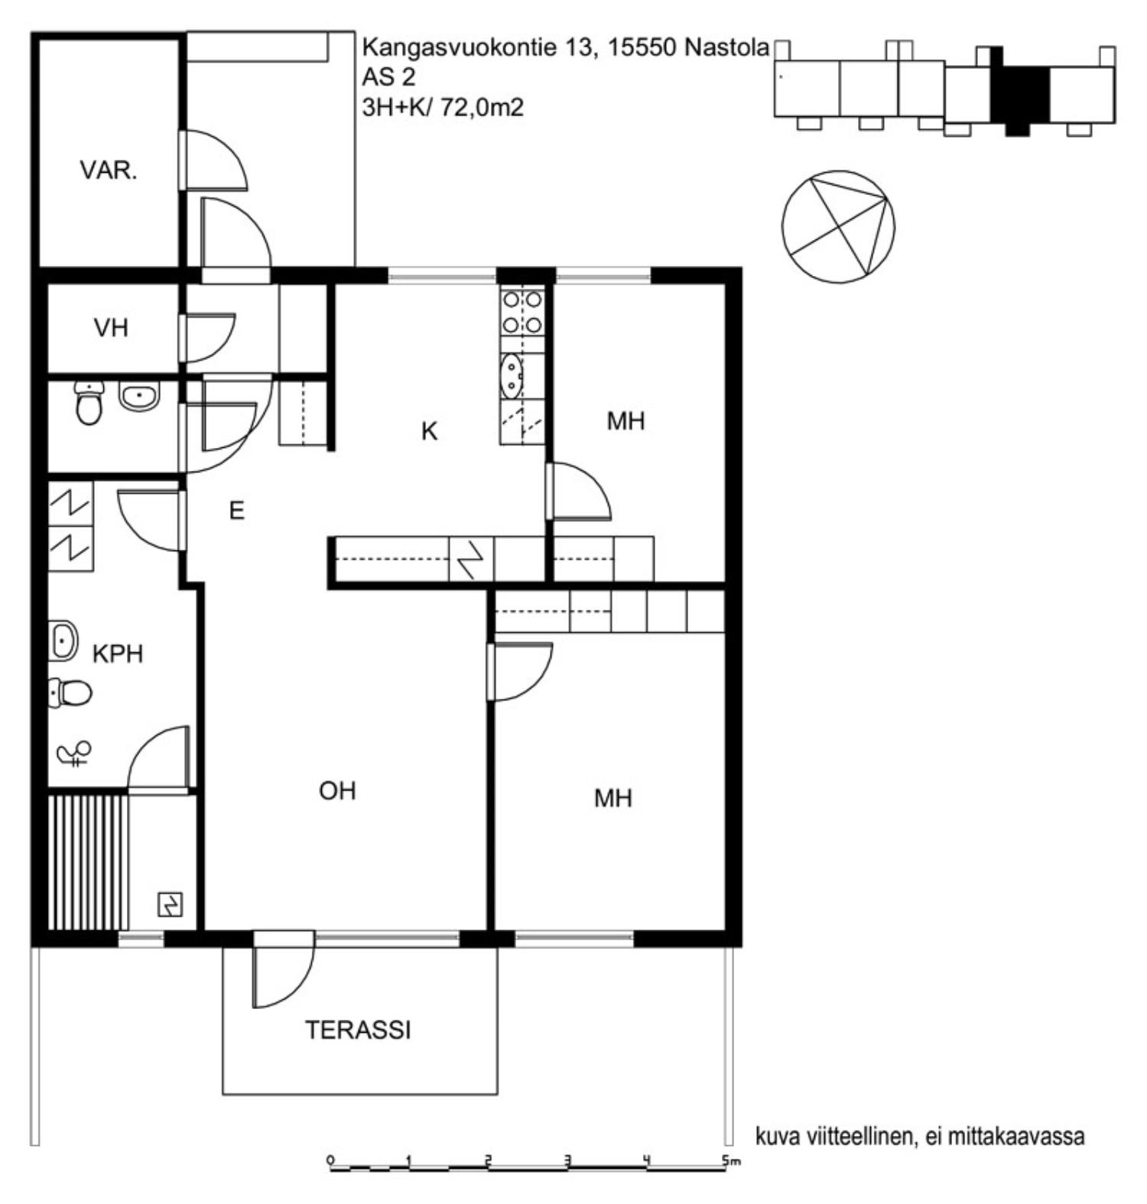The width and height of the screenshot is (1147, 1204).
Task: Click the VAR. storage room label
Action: [109, 170]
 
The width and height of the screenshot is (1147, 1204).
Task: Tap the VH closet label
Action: [111, 328]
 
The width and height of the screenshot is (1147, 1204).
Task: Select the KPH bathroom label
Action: [118, 654]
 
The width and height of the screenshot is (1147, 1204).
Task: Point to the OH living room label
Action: [337, 790]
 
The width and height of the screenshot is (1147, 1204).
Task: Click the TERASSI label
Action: [358, 1030]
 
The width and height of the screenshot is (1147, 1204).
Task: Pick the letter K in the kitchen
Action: [430, 432]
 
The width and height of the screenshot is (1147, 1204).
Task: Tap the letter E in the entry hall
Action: [237, 510]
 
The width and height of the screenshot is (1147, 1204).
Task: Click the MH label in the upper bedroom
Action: [625, 420]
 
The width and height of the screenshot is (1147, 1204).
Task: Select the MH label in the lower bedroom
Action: [613, 799]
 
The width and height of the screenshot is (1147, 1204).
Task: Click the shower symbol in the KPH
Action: [74, 754]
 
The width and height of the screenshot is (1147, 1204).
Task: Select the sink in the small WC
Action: [138, 397]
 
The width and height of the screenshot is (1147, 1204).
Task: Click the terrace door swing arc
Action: [303, 983]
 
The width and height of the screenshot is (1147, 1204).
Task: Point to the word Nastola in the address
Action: [726, 47]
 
